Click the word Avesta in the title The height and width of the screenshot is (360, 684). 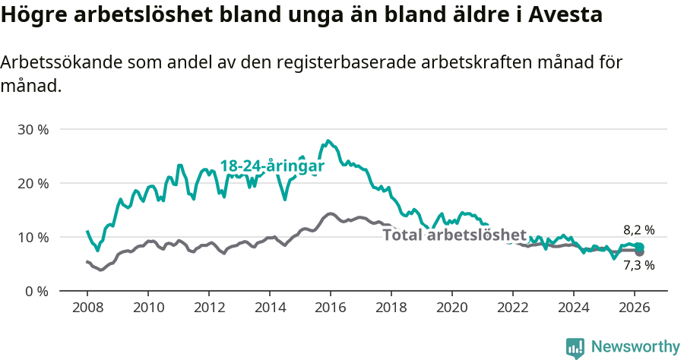[x=566, y=15]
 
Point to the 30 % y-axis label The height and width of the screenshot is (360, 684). [x=33, y=129]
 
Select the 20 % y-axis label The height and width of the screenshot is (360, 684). [x=33, y=183]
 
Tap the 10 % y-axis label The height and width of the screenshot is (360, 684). [x=33, y=237]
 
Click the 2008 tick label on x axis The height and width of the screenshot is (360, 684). [x=87, y=308]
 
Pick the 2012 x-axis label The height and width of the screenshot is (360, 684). [x=209, y=308]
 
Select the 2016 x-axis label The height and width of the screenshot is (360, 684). [x=331, y=308]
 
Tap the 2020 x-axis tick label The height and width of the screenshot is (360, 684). [x=452, y=308]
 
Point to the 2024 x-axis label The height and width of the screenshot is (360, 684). [x=574, y=308]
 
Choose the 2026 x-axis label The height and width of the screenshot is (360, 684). [x=635, y=308]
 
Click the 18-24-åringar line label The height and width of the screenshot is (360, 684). [x=272, y=166]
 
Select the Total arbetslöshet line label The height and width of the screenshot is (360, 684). [x=454, y=235]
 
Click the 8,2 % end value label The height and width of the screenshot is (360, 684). [x=639, y=229]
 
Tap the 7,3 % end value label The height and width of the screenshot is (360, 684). [x=639, y=266]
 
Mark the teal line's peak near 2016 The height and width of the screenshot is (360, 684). [x=328, y=141]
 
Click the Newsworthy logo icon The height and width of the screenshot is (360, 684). [x=575, y=348]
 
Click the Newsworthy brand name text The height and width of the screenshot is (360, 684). [x=635, y=347]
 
